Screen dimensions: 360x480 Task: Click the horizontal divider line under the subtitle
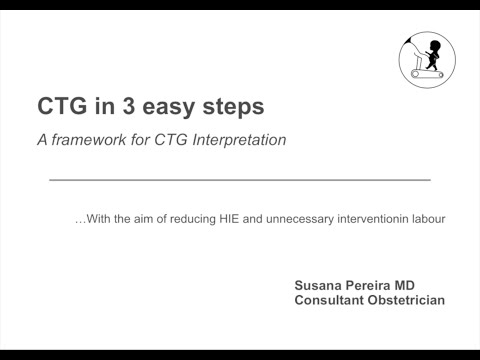pyautogui.click(x=240, y=179)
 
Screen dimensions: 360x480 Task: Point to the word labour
pyautogui.click(x=424, y=218)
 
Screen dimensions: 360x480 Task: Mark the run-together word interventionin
pyautogui.click(x=360, y=218)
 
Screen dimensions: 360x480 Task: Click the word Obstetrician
pyautogui.click(x=408, y=300)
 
